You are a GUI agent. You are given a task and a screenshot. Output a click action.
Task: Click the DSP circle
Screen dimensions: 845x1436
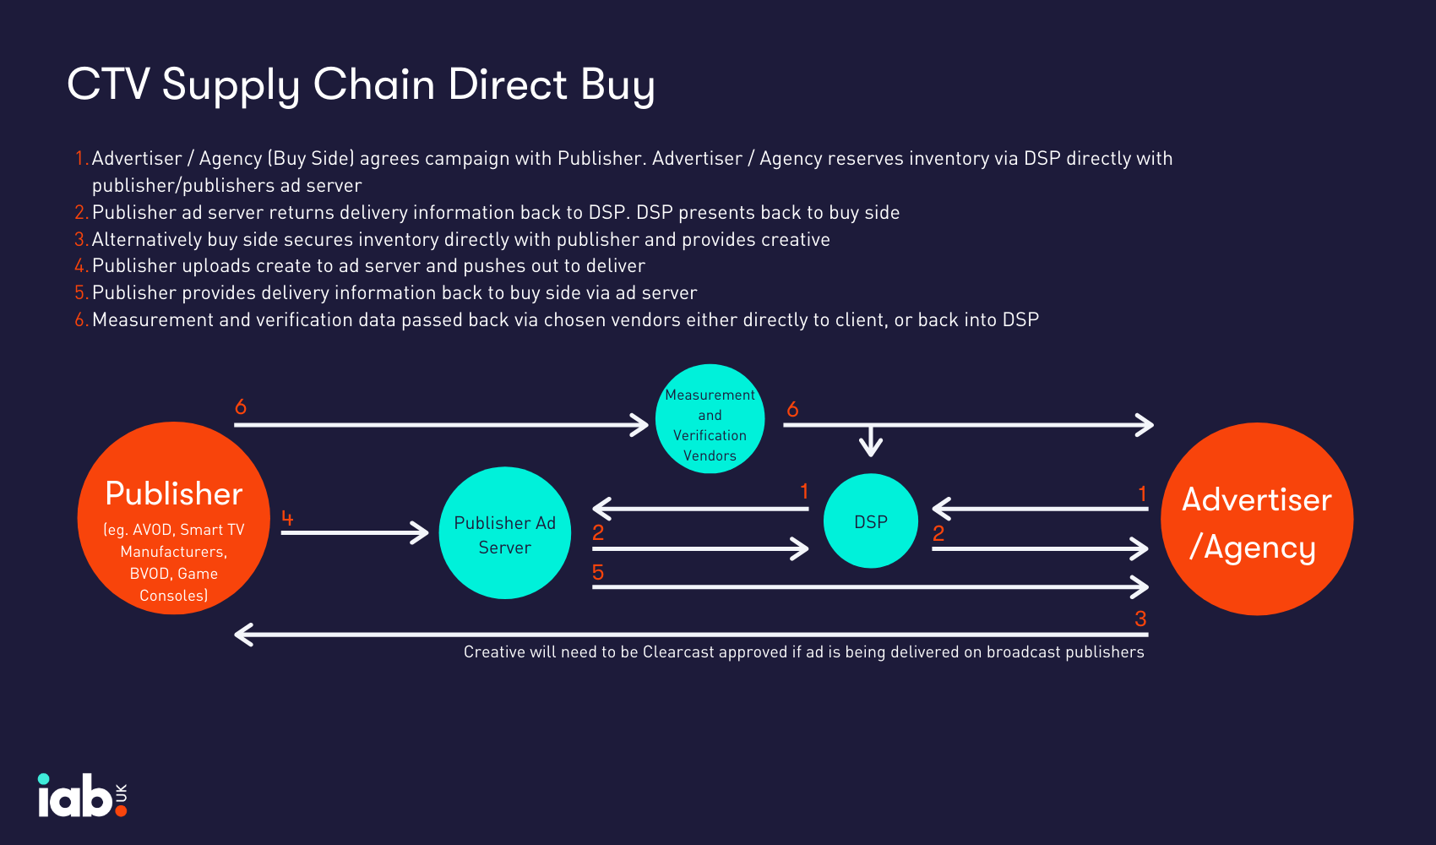click(870, 521)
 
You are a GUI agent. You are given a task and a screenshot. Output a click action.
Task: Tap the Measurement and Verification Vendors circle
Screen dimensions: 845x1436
click(710, 419)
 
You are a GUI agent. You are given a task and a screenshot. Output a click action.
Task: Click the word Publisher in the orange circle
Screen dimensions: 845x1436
click(174, 493)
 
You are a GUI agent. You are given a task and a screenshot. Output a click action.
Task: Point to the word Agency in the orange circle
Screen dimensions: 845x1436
click(1259, 548)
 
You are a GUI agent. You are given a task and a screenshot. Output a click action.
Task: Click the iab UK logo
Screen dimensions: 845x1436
click(82, 796)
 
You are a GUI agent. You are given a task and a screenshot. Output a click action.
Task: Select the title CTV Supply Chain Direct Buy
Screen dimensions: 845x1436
click(361, 84)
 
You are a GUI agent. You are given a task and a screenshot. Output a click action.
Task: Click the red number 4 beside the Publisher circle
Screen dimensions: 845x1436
click(287, 518)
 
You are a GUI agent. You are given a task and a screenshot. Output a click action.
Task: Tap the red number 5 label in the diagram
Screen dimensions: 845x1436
click(598, 573)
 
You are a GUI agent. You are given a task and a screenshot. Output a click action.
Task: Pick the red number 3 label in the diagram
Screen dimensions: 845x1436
click(1140, 619)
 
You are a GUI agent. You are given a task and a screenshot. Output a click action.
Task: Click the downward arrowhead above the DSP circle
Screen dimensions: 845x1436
click(871, 445)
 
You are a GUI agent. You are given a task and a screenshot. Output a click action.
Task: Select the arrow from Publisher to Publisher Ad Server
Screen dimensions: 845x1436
click(355, 532)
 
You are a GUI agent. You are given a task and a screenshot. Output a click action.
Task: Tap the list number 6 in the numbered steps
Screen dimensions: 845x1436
click(80, 320)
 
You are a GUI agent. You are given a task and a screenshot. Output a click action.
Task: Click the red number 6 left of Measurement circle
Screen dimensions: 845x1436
click(241, 407)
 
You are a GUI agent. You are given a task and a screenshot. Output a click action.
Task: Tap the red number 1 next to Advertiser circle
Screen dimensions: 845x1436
click(1142, 493)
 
